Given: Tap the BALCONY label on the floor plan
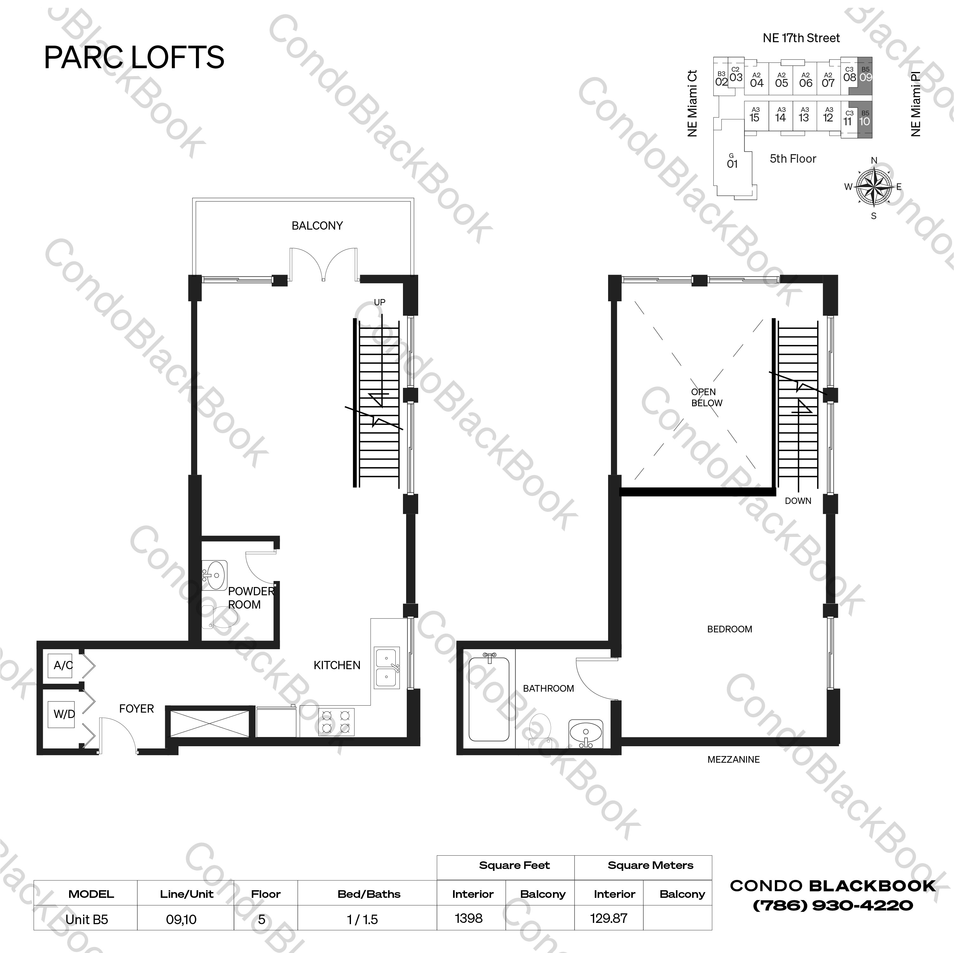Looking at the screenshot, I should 317,226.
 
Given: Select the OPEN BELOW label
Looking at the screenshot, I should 706,397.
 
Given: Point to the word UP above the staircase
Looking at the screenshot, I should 379,302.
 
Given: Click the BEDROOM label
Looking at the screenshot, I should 729,629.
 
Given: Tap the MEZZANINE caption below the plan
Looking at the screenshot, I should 733,759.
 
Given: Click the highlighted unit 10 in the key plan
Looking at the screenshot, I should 865,120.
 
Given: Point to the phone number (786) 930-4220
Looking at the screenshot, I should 833,905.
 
